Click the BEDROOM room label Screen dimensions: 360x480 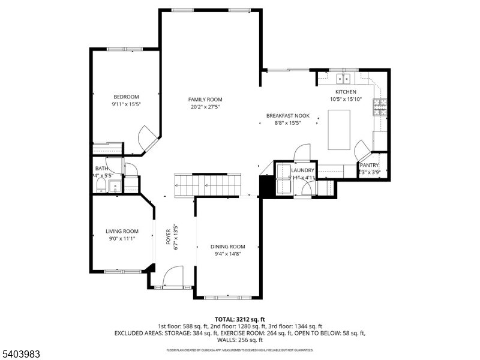coord(127,97)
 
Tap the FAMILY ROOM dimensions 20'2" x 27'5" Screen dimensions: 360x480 coord(205,107)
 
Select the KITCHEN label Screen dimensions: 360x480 coord(346,92)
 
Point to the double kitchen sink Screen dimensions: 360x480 coord(344,79)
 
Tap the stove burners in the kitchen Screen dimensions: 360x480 coord(380,107)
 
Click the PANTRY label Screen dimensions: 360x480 coord(370,165)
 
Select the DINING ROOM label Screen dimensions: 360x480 coord(228,246)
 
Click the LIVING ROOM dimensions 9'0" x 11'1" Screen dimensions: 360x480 coord(121,238)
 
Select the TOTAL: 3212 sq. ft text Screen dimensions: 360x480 coord(240,319)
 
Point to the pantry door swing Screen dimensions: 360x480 coord(362,148)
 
